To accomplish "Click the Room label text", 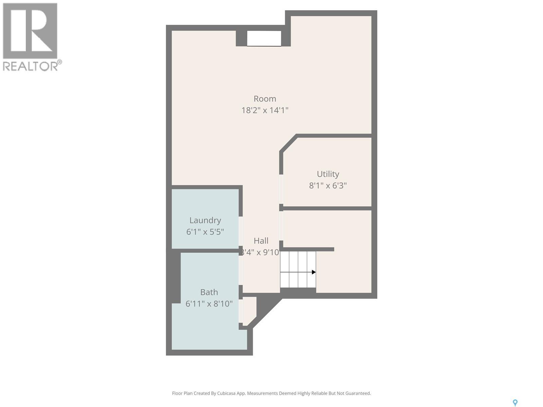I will (265, 99).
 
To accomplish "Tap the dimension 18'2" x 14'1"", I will (265, 110).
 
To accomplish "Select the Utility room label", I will (328, 174).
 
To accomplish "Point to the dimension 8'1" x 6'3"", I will (328, 186).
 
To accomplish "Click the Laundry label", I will (205, 220).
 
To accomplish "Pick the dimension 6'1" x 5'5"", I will (205, 232).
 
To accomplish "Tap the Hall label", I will (261, 241).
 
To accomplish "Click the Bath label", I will (209, 292).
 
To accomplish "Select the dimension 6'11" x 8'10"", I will (209, 304).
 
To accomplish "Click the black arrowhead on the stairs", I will (314, 272).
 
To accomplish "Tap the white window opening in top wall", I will (264, 38).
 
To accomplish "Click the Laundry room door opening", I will (241, 231).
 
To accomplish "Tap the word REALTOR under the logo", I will (30, 66).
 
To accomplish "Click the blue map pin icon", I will (515, 403).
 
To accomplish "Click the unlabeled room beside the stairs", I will (343, 270).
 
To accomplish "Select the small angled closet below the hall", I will (249, 309).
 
